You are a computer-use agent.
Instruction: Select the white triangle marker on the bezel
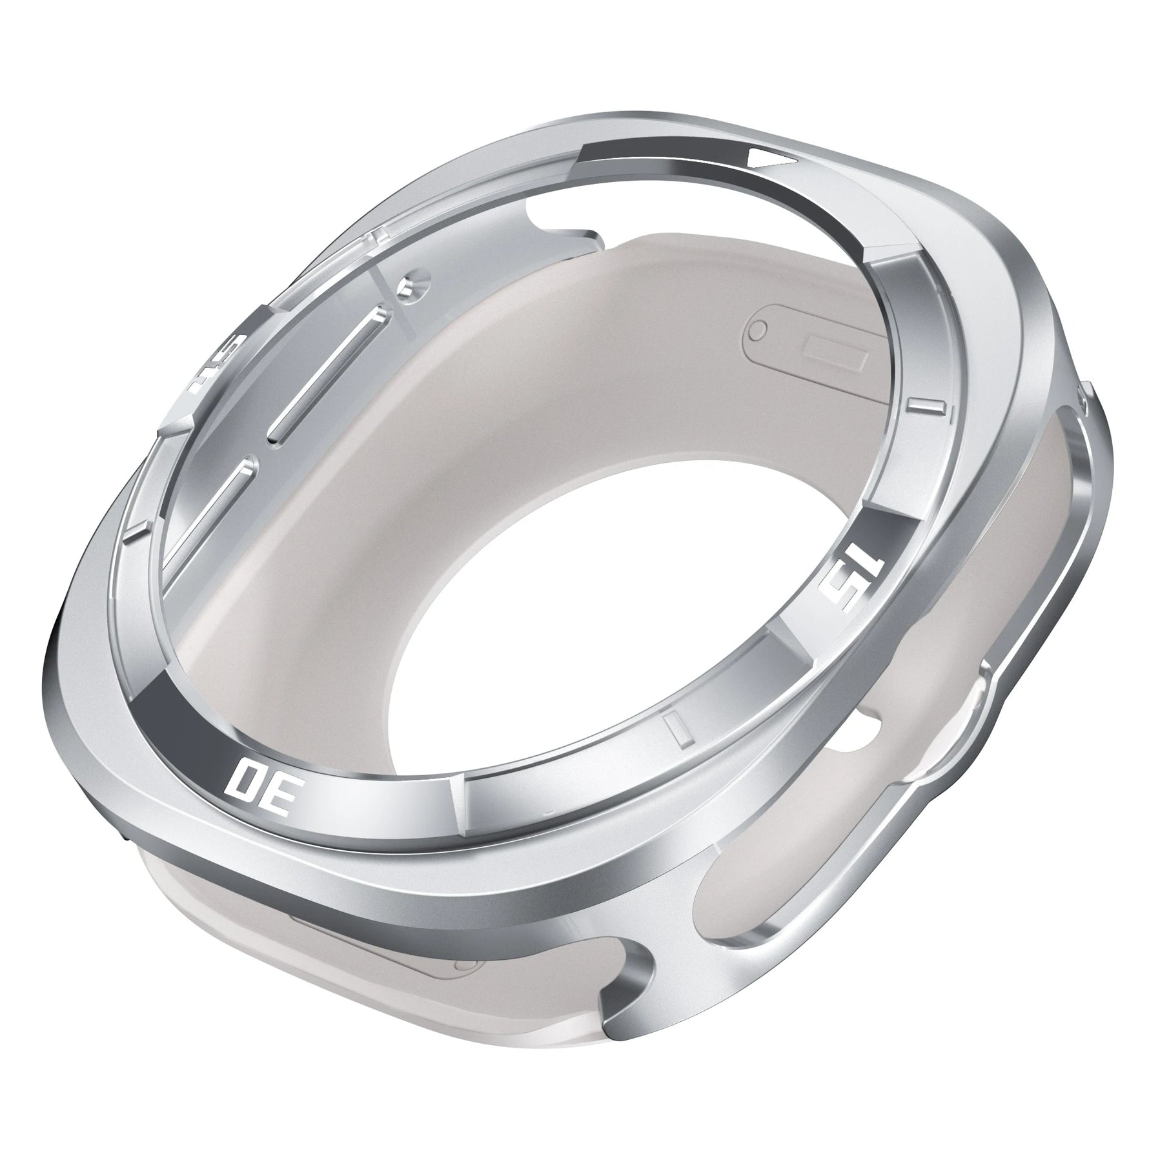coord(772,178)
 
